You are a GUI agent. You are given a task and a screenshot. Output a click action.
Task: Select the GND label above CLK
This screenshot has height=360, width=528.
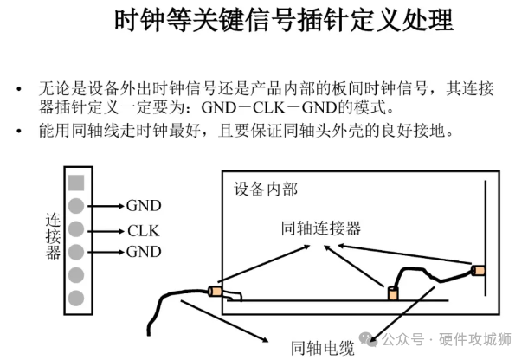click(x=144, y=206)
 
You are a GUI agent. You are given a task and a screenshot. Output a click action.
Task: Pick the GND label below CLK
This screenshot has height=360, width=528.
click(x=144, y=253)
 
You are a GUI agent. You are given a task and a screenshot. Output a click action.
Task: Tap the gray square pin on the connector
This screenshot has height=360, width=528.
click(x=76, y=183)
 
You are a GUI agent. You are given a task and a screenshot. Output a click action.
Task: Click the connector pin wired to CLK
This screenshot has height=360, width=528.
click(x=76, y=229)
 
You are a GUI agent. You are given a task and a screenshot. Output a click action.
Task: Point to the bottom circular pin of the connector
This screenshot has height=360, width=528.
click(x=76, y=298)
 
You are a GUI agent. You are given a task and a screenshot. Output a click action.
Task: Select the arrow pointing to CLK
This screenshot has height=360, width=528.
click(x=106, y=230)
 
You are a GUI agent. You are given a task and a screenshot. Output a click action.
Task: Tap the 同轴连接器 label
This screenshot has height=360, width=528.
click(x=321, y=228)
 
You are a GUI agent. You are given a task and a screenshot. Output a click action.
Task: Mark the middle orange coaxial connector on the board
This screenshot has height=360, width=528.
click(x=391, y=292)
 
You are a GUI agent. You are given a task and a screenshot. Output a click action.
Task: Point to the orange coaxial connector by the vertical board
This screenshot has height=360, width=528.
click(x=477, y=271)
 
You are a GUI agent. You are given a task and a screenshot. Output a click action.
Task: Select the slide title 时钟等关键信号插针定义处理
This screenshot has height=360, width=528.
click(x=283, y=22)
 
